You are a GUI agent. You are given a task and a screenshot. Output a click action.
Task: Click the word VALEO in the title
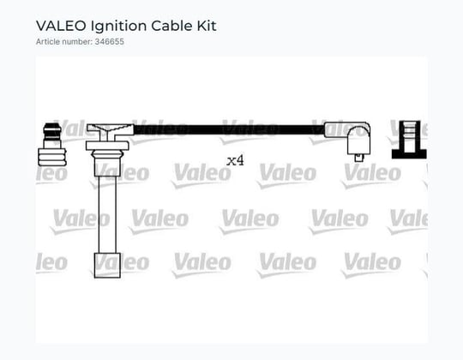click(61, 26)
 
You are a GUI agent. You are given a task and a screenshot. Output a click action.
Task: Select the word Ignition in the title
click(118, 27)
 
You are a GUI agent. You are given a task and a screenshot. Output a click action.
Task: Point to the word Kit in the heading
click(207, 26)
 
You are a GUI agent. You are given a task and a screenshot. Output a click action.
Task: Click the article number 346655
click(109, 42)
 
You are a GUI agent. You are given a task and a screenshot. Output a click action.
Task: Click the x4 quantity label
click(235, 161)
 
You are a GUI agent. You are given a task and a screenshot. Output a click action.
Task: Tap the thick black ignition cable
click(229, 129)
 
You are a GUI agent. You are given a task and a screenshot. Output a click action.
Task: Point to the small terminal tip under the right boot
click(358, 158)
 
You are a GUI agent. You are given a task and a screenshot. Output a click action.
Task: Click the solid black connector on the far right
click(409, 140)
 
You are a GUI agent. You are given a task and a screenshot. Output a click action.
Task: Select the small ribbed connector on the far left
click(52, 145)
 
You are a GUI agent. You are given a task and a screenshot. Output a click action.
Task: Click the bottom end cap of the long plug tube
click(107, 265)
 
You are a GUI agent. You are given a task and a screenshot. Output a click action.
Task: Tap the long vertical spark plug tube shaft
click(107, 214)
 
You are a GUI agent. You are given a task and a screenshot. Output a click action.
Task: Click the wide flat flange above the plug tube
click(107, 146)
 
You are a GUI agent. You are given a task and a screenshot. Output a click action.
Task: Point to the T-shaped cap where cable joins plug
click(109, 131)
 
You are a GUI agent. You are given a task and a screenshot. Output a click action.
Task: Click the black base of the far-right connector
click(409, 154)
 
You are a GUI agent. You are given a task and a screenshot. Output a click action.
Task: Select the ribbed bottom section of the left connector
click(52, 157)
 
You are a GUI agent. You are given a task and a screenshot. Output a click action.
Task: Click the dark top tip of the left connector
click(52, 129)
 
